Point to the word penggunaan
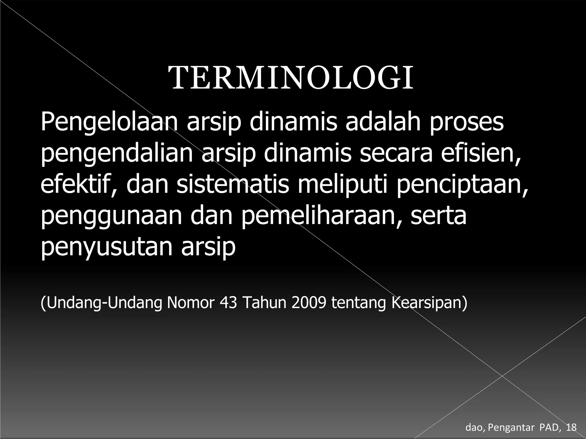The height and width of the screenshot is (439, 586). (x=111, y=217)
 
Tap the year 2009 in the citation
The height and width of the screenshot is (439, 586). (x=309, y=303)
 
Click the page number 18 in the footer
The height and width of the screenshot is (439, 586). (x=571, y=427)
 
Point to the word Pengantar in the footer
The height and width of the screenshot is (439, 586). (x=511, y=428)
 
